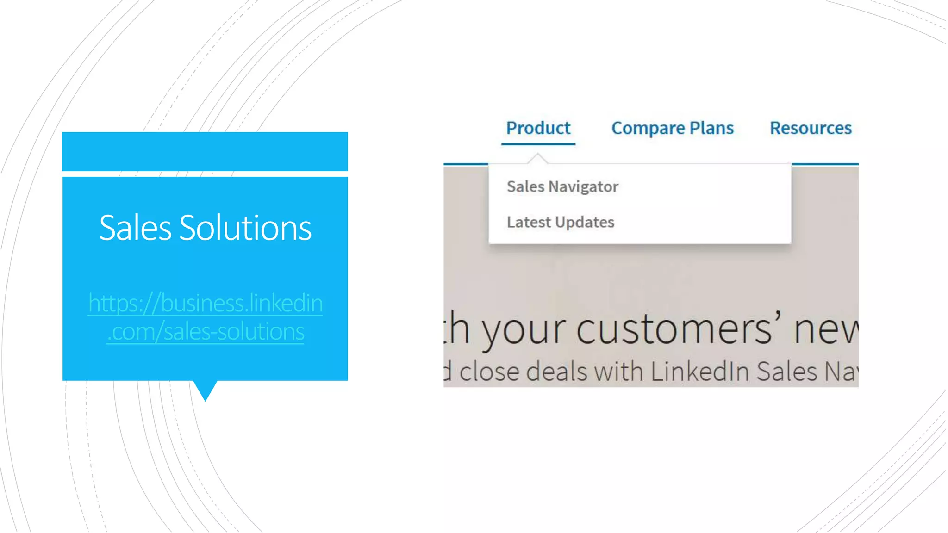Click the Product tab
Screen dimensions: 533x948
(538, 128)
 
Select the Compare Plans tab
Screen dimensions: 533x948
(672, 128)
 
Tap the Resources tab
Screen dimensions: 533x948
(811, 128)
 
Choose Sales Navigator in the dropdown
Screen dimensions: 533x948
(562, 186)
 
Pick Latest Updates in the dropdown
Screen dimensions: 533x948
(561, 222)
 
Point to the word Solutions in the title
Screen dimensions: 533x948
(245, 228)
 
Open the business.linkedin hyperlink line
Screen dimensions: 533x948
(205, 303)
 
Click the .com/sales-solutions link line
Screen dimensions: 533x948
(205, 332)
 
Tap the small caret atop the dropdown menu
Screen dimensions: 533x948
(537, 158)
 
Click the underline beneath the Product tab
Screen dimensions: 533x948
(538, 144)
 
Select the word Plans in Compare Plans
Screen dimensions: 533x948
(711, 128)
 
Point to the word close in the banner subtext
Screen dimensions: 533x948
(489, 372)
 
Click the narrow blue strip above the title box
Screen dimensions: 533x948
(205, 151)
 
